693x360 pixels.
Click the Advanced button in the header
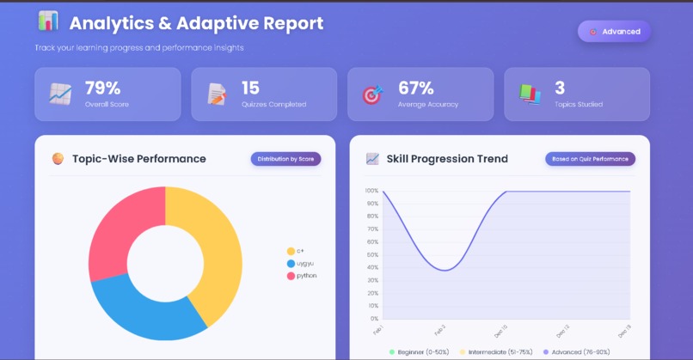click(614, 32)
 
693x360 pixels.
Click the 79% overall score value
click(102, 88)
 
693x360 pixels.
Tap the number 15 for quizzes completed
click(250, 88)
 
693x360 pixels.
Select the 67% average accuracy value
click(415, 88)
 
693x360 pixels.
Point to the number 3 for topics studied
click(560, 88)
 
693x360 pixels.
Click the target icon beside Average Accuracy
click(371, 95)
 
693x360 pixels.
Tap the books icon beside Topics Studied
click(530, 95)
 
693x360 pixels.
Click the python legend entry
click(302, 276)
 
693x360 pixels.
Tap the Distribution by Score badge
click(285, 159)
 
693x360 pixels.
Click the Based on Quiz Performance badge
click(590, 159)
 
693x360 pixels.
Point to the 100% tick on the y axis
click(371, 191)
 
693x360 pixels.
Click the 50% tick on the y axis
click(372, 254)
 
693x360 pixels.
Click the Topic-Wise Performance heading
click(138, 159)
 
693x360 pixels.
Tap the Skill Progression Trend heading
click(446, 159)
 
